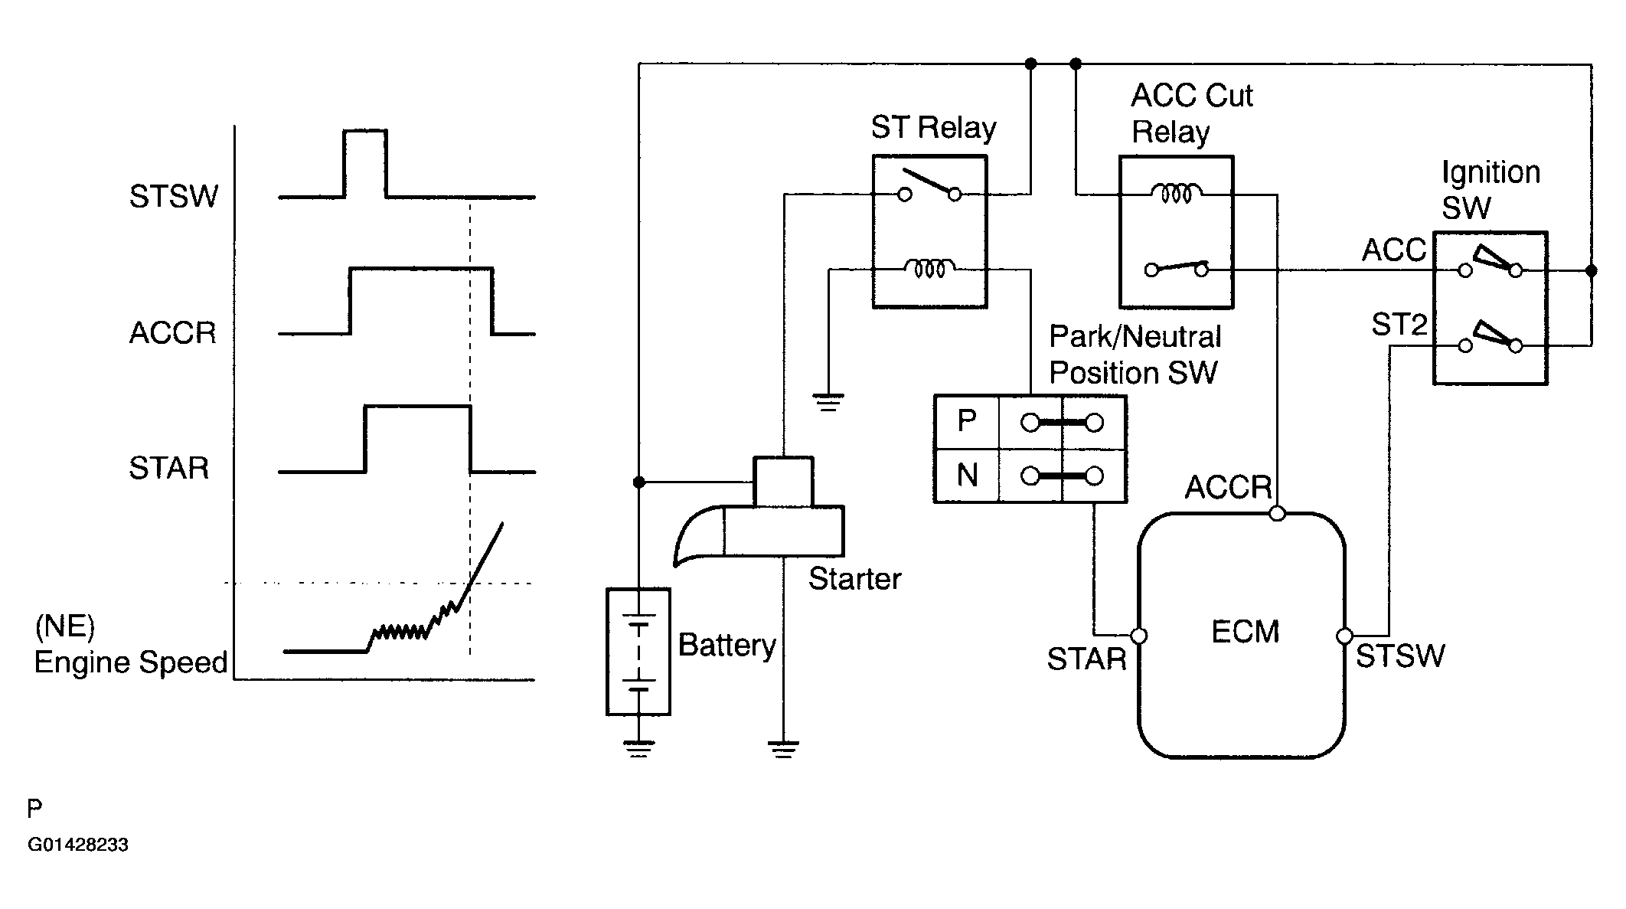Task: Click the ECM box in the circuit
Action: point(1242,635)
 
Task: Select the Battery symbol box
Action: point(638,652)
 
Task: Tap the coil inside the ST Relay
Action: point(929,268)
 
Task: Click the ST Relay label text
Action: point(933,128)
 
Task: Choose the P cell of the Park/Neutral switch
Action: point(967,421)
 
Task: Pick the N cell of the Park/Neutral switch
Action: point(967,476)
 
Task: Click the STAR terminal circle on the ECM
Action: point(1138,636)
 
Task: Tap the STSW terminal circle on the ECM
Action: point(1344,636)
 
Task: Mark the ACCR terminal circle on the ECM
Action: point(1277,513)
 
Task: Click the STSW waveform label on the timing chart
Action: point(174,197)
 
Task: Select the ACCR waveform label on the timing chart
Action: point(173,333)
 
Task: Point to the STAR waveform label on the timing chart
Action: point(168,468)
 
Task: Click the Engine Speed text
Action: point(131,662)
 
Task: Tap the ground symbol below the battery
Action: point(638,748)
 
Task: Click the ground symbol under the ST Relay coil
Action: point(828,403)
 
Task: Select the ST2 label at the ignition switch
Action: point(1399,325)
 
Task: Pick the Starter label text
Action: point(854,579)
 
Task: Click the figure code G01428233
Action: point(78,845)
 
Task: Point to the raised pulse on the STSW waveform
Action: point(365,164)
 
